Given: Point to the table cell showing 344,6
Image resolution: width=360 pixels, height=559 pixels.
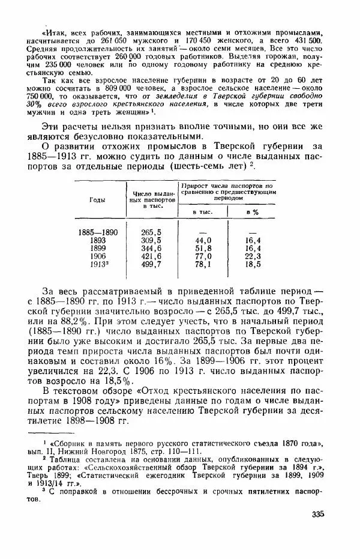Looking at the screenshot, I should tap(151, 247).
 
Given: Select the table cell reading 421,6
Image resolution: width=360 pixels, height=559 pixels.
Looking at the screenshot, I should tap(151, 255).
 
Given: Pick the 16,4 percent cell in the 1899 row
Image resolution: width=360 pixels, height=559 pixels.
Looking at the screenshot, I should tap(252, 247).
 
